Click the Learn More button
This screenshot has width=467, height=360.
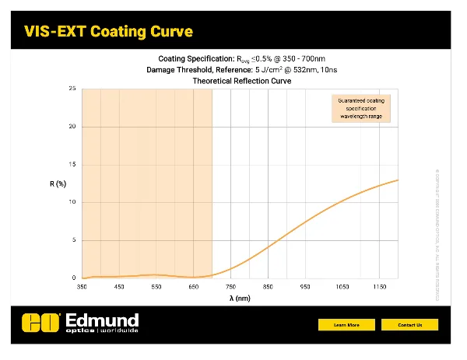click(346, 324)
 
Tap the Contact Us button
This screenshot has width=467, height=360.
click(409, 324)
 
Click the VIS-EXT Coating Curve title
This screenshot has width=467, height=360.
click(108, 31)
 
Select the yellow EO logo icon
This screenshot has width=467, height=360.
click(41, 322)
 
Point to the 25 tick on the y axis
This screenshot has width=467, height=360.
click(72, 89)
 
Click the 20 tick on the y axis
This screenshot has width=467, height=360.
click(72, 127)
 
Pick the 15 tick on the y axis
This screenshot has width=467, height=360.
click(72, 165)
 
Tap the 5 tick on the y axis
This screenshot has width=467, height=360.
click(74, 240)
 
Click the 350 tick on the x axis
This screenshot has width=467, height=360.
click(82, 288)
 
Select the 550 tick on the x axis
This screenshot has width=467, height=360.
click(156, 288)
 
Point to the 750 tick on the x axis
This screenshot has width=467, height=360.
click(230, 288)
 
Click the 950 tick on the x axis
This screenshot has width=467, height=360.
click(305, 288)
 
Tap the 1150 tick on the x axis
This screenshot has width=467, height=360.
click(379, 288)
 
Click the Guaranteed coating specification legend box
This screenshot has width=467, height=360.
click(359, 109)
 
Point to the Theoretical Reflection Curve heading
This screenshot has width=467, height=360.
click(240, 79)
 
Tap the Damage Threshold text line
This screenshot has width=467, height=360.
click(240, 69)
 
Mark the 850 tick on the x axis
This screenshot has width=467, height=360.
click(268, 288)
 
